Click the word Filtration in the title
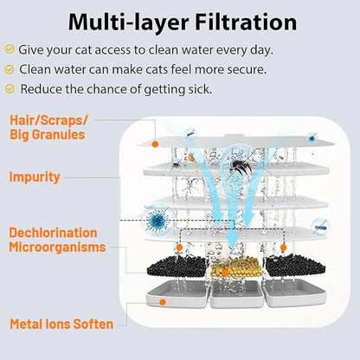tap(246, 22)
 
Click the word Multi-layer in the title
tap(128, 22)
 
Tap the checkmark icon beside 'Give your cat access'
tap(10, 49)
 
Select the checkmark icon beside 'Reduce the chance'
tap(10, 89)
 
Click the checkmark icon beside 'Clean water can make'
tap(10, 69)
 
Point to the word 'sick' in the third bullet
tap(200, 89)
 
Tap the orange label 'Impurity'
tap(35, 177)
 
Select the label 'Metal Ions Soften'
tap(61, 324)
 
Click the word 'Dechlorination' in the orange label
tap(53, 233)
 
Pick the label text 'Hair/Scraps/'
tap(48, 120)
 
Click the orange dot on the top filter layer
tap(155, 145)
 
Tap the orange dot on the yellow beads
tap(225, 273)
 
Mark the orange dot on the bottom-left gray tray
tap(163, 302)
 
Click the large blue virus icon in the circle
tap(156, 221)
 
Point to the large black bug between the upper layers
tap(238, 167)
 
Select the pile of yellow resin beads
tap(236, 267)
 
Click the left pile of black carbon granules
tap(177, 267)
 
